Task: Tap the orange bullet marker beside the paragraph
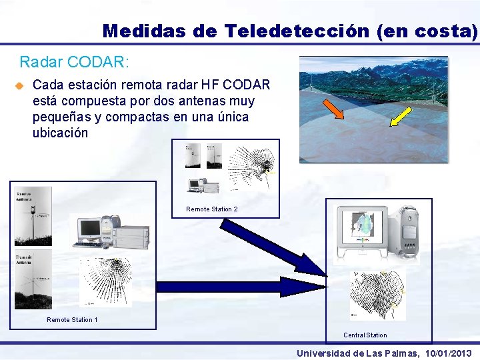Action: tap(19, 86)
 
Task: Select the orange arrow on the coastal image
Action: tap(333, 108)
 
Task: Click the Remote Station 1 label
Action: tap(72, 320)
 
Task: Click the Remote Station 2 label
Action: tap(211, 209)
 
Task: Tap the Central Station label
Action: tap(365, 335)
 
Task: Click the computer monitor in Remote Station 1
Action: tap(89, 229)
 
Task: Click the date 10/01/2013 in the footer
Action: tap(447, 353)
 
